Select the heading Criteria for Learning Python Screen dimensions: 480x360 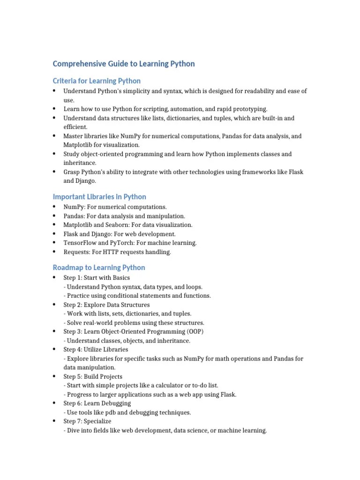(97, 81)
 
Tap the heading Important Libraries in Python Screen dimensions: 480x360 (99, 196)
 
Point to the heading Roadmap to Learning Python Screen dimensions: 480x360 (99, 267)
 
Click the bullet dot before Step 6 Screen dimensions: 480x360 (54, 403)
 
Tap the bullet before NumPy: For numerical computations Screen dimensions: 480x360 (54, 207)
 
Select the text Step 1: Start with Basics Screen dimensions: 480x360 (97, 278)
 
